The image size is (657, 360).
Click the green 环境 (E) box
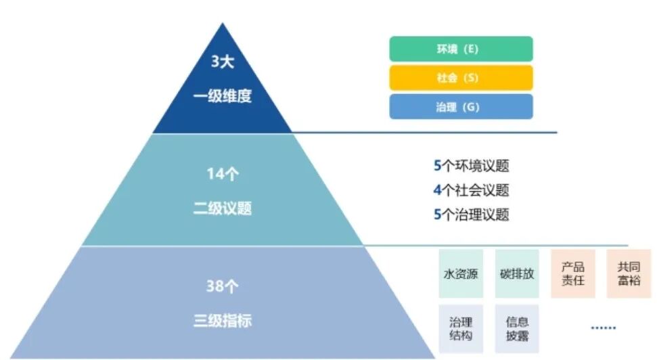click(461, 49)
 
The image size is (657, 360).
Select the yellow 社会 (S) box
click(461, 78)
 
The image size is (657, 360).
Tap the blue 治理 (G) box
click(461, 107)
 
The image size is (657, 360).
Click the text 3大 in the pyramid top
click(222, 63)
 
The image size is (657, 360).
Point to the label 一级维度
click(222, 96)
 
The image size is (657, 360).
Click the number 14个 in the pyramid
click(222, 174)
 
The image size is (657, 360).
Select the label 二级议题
click(222, 208)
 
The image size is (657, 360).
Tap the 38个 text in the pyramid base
click(222, 286)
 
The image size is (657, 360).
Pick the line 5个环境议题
click(471, 166)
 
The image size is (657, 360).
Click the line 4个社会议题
click(471, 190)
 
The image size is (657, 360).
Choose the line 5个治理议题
click(471, 215)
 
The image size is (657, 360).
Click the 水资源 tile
click(461, 274)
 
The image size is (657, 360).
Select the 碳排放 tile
click(517, 274)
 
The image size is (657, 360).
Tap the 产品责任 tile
click(572, 273)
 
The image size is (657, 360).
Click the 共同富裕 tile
click(629, 273)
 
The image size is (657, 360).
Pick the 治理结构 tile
click(461, 329)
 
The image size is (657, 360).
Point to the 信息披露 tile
click(517, 329)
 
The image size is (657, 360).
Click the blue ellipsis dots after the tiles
click(604, 328)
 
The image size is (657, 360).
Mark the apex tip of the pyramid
click(221, 24)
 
